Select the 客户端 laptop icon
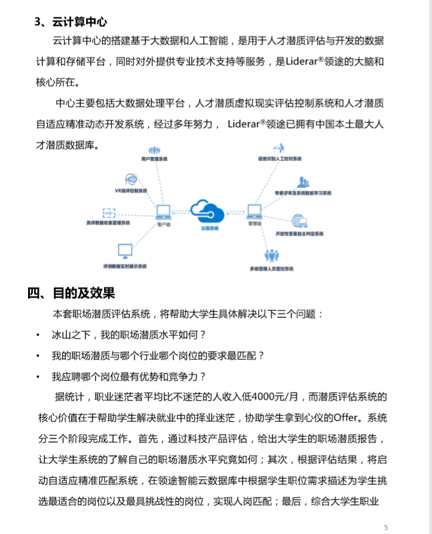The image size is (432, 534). click(164, 212)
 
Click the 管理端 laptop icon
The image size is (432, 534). click(255, 212)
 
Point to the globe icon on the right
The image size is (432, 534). click(299, 221)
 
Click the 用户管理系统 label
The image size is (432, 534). click(154, 160)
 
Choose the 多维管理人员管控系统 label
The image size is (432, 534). click(272, 269)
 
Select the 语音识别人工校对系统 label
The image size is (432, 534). click(280, 159)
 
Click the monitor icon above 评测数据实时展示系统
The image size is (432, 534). click(125, 251)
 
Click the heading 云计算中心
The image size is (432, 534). click(80, 22)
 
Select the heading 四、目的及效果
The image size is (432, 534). click(71, 293)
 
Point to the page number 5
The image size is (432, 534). click(386, 527)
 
